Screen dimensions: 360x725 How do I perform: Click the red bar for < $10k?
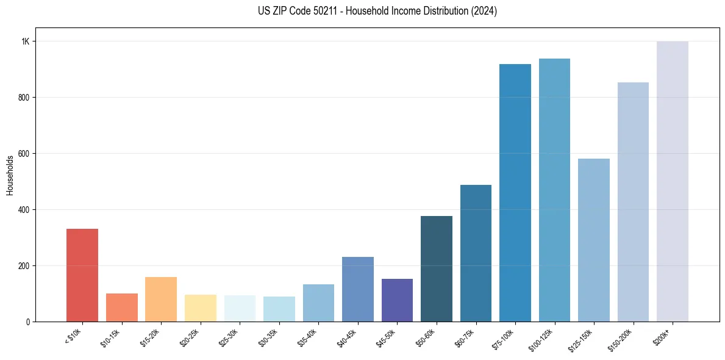[82, 275]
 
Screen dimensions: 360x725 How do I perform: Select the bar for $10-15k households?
[121, 308]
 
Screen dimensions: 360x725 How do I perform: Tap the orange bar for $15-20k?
[161, 300]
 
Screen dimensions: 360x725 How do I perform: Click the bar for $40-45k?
[358, 289]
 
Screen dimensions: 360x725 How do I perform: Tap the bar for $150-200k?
[633, 202]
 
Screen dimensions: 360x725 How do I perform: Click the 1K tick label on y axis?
[26, 41]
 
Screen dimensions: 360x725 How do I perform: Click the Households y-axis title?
[10, 175]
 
